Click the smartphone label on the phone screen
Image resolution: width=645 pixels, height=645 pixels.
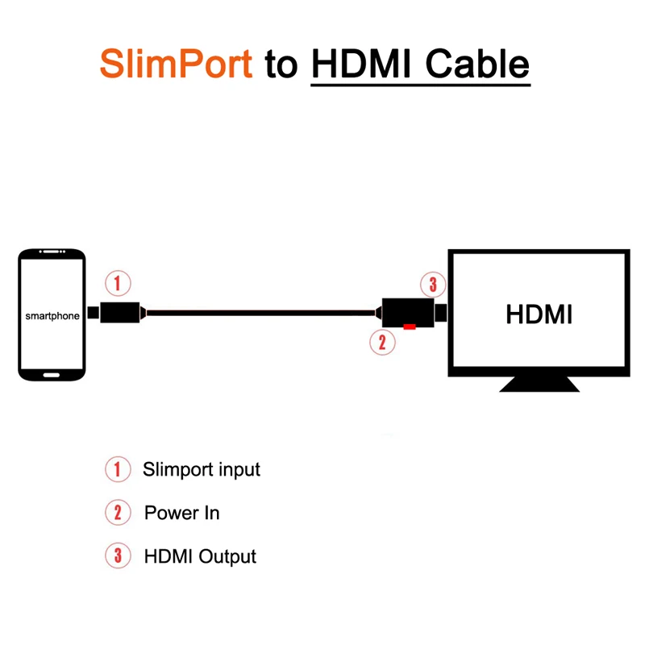click(52, 316)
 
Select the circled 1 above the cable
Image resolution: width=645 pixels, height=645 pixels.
click(118, 284)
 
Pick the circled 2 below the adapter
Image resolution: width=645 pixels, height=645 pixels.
click(382, 342)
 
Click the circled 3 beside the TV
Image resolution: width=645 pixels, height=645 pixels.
click(433, 284)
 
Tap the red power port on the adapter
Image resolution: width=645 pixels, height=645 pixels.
click(410, 327)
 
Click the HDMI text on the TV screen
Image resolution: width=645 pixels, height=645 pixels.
click(539, 314)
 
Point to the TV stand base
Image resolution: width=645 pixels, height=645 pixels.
click(539, 385)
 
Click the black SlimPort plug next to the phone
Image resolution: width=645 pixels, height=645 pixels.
click(119, 312)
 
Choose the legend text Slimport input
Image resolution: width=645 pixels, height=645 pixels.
click(201, 468)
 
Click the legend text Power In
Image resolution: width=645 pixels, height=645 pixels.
click(181, 513)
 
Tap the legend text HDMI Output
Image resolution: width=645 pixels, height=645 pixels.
click(200, 556)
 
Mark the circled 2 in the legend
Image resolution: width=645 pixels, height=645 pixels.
click(118, 513)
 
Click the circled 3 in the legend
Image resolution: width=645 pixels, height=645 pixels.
click(118, 556)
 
